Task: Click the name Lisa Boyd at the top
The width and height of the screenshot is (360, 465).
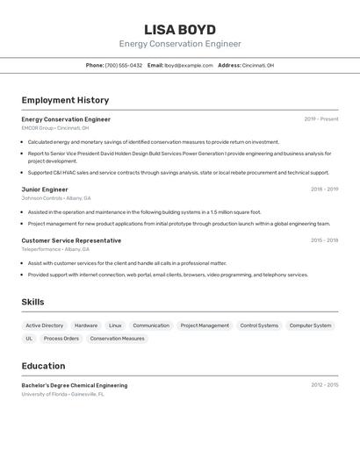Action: [180, 29]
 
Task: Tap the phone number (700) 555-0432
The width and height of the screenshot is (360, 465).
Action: [124, 65]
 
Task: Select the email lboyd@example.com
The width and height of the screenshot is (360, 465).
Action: [189, 65]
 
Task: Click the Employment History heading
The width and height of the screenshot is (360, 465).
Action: [65, 100]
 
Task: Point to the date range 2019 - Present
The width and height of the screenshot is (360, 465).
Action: [321, 119]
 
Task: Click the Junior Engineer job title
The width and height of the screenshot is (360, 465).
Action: [45, 189]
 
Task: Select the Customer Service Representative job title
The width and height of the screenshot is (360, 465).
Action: [71, 240]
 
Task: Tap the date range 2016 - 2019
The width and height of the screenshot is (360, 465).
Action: [324, 189]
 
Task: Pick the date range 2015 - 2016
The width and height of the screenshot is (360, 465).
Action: [324, 240]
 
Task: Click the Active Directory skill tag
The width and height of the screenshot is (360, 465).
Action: [45, 325]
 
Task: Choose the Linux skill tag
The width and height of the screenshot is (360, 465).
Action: [115, 325]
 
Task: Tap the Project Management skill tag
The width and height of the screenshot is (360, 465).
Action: [205, 325]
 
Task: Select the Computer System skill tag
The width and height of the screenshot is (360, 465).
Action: [311, 325]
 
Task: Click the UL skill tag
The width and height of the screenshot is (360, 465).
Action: [29, 339]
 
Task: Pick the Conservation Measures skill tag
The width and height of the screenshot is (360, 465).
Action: [117, 339]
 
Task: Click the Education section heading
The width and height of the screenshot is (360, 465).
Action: [43, 366]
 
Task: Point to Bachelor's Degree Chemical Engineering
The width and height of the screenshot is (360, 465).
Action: [75, 385]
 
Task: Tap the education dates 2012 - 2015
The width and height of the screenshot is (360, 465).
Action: [324, 385]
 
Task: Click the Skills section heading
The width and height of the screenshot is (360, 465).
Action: [33, 303]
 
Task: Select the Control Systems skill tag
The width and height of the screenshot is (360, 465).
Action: [259, 325]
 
